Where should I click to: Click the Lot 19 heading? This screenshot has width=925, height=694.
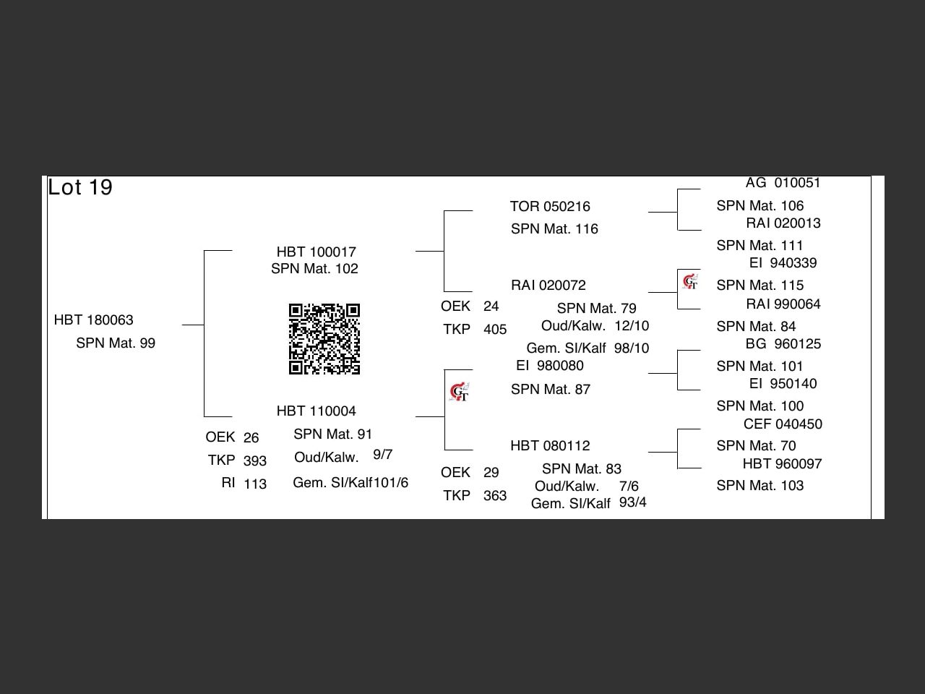[80, 187]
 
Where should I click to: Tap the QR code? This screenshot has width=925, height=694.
[324, 339]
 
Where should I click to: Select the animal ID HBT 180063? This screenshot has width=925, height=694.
[93, 320]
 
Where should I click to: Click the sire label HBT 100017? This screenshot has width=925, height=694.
[316, 252]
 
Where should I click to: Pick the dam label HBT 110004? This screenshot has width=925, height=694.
[316, 411]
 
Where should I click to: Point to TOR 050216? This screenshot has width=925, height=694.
[549, 207]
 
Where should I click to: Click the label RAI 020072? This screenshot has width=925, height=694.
[548, 286]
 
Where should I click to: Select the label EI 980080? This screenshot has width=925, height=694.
[549, 366]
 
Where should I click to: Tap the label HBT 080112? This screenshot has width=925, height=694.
[549, 446]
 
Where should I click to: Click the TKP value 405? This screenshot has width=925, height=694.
[495, 330]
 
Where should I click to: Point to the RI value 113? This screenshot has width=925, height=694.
[254, 484]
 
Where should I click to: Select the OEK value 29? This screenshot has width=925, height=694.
[491, 473]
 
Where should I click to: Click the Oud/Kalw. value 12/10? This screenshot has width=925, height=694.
[632, 326]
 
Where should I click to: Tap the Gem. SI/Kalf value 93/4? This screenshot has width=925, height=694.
[632, 502]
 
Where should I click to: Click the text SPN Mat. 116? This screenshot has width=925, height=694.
[554, 229]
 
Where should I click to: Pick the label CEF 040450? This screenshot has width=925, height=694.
[783, 424]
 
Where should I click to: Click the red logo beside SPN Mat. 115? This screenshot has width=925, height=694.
[690, 281]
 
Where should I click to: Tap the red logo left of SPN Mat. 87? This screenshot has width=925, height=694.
[459, 393]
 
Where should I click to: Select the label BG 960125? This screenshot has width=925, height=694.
[783, 344]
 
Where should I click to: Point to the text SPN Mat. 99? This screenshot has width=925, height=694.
[116, 343]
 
